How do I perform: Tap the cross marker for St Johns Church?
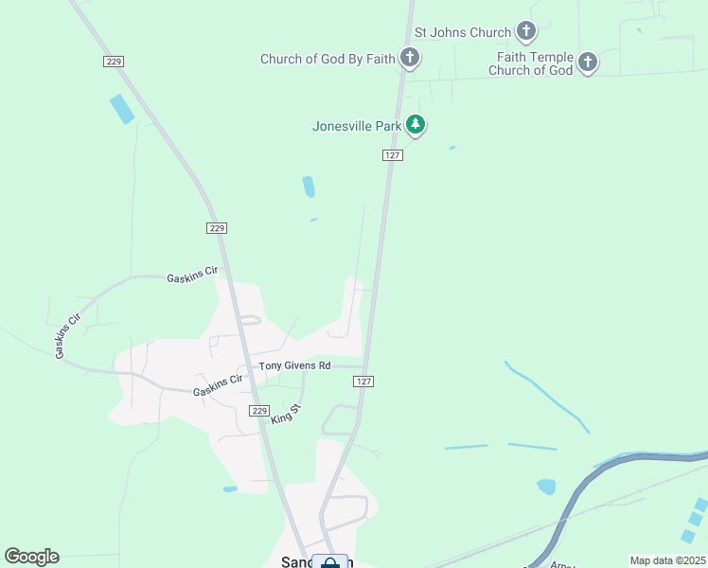526,32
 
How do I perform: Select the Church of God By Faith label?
327,59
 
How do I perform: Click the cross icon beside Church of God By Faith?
410,59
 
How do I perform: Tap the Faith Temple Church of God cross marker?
587,63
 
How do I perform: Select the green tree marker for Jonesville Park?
415,125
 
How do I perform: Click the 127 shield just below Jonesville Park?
394,155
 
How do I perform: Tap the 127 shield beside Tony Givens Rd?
363,381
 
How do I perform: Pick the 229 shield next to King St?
260,410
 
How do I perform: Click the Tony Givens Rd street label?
295,365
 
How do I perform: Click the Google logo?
31,557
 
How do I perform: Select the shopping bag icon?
329,562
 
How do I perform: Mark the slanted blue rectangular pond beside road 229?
122,109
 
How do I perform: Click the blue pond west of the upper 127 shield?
309,187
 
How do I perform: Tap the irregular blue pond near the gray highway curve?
546,487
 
